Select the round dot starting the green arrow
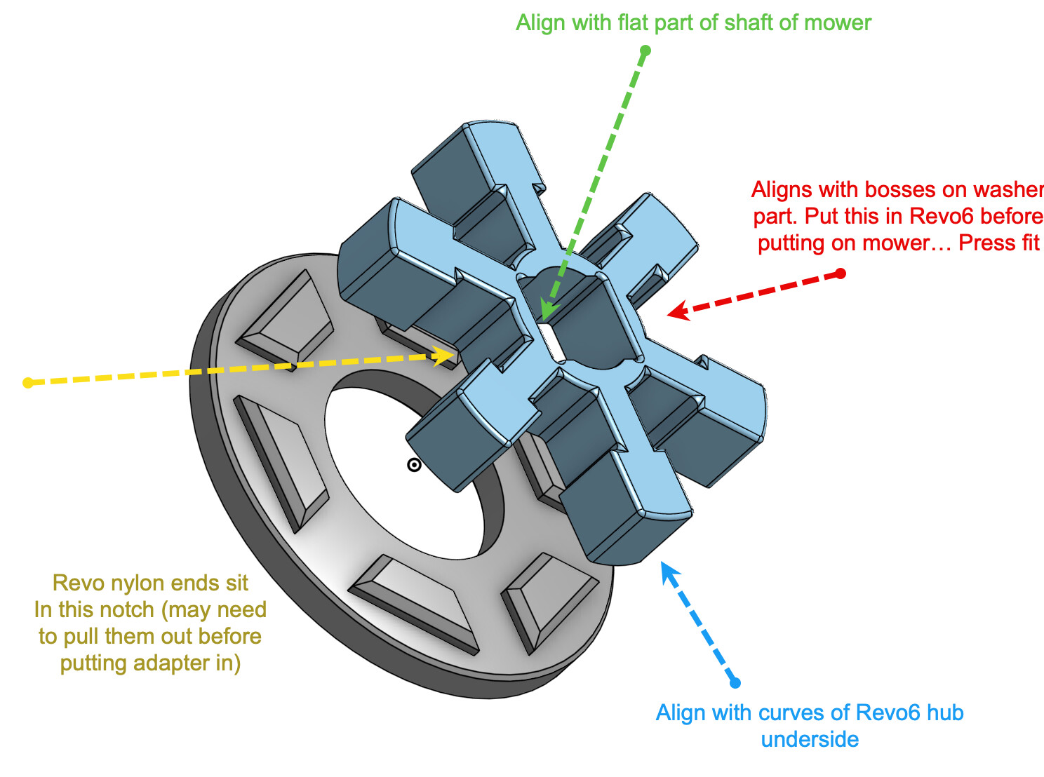point(645,50)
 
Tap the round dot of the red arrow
point(841,273)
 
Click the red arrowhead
point(678,312)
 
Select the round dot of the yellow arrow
point(28,383)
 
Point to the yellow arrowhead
point(444,356)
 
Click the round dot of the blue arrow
point(735,683)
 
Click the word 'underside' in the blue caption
point(810,739)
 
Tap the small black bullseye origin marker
point(414,466)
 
